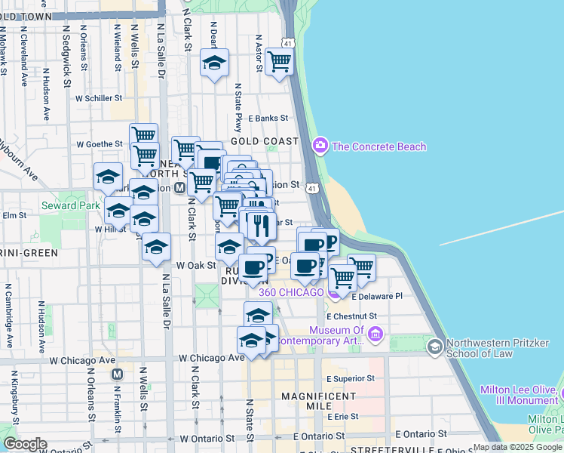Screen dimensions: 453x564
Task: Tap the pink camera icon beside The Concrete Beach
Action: [x=320, y=145]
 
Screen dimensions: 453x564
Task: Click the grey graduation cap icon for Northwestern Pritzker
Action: [x=434, y=346]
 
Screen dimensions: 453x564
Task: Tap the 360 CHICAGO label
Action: [x=292, y=292]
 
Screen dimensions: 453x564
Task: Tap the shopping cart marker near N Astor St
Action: [x=279, y=61]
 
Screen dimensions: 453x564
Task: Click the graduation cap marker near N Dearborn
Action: [x=215, y=63]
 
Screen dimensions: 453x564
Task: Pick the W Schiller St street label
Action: [x=98, y=98]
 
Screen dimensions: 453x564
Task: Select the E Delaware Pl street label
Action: [x=377, y=297]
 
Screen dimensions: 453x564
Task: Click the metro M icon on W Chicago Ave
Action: [x=117, y=374]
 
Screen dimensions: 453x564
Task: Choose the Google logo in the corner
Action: [x=25, y=444]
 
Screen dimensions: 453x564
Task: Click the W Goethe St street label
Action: [x=98, y=143]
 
